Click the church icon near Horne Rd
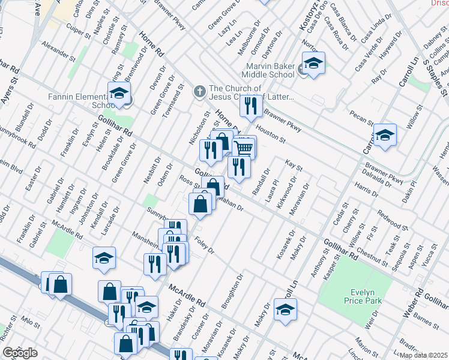(199, 92)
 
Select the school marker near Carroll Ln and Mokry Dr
(285, 309)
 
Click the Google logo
(20, 353)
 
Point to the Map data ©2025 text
(424, 355)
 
